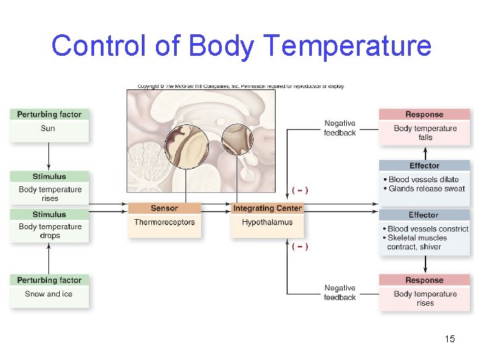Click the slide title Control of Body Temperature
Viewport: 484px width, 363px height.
pyautogui.click(x=241, y=46)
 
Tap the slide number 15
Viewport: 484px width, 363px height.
pyautogui.click(x=450, y=339)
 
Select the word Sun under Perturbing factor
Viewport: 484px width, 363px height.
pyautogui.click(x=48, y=128)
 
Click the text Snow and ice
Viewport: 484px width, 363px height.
pyautogui.click(x=48, y=294)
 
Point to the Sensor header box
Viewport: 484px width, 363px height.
pyautogui.click(x=164, y=208)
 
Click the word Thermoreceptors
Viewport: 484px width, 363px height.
pyautogui.click(x=164, y=223)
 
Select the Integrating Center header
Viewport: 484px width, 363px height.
pyautogui.click(x=267, y=208)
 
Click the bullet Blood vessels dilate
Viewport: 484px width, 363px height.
pyautogui.click(x=424, y=179)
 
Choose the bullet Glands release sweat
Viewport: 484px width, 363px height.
pyautogui.click(x=426, y=189)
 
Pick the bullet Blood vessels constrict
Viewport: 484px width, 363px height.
pyautogui.click(x=428, y=229)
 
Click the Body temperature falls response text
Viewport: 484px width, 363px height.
pyautogui.click(x=425, y=132)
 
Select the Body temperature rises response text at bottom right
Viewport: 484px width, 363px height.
pyautogui.click(x=425, y=298)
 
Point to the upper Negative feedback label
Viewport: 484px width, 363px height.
pyautogui.click(x=339, y=128)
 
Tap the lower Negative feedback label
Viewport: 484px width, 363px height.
pyautogui.click(x=339, y=292)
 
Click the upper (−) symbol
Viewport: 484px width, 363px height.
pyautogui.click(x=300, y=190)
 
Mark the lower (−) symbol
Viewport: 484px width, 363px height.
pyautogui.click(x=300, y=247)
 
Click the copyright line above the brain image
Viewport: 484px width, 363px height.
pyautogui.click(x=241, y=86)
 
